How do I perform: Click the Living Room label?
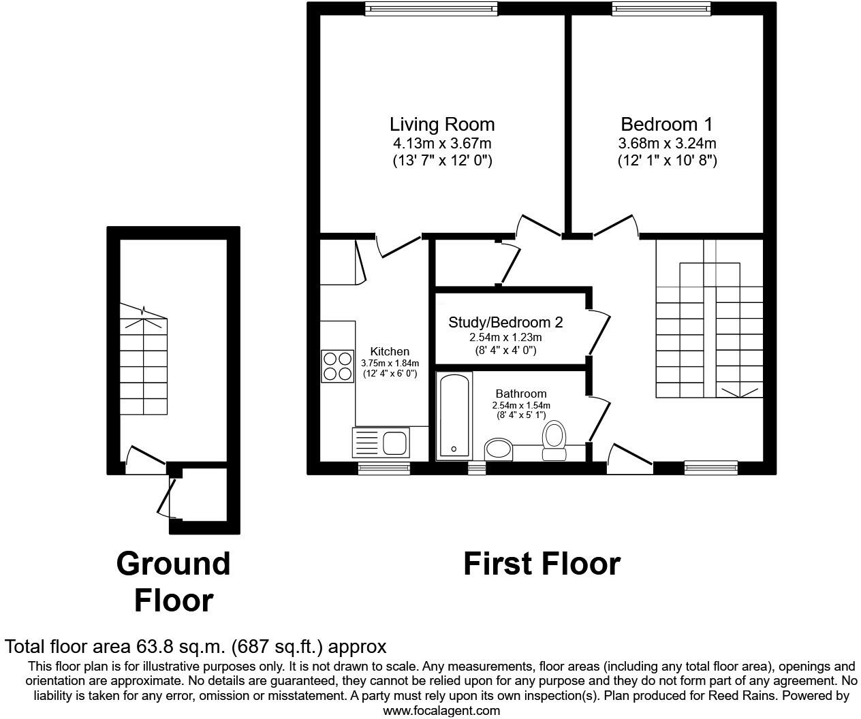(x=441, y=125)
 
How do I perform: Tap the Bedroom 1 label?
(x=666, y=125)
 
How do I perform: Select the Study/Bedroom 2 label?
(x=505, y=322)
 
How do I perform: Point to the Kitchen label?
(x=390, y=351)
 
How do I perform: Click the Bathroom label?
(x=520, y=394)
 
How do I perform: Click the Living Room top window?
(x=430, y=8)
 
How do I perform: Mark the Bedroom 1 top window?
(x=661, y=8)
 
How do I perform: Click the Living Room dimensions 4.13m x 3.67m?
(x=441, y=144)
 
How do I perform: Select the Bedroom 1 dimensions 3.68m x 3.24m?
(x=666, y=144)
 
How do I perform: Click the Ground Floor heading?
(x=173, y=581)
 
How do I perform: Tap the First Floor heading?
(x=542, y=564)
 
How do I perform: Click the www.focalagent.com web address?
(x=441, y=710)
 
